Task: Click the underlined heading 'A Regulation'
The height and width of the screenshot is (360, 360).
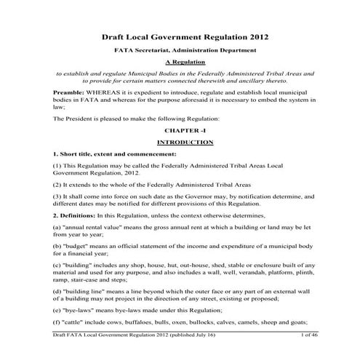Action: [180, 63]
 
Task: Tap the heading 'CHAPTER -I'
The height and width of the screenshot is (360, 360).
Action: [180, 130]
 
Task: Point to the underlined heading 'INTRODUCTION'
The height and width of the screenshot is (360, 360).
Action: [180, 143]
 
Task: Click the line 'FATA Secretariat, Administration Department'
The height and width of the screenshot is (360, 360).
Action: [180, 50]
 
